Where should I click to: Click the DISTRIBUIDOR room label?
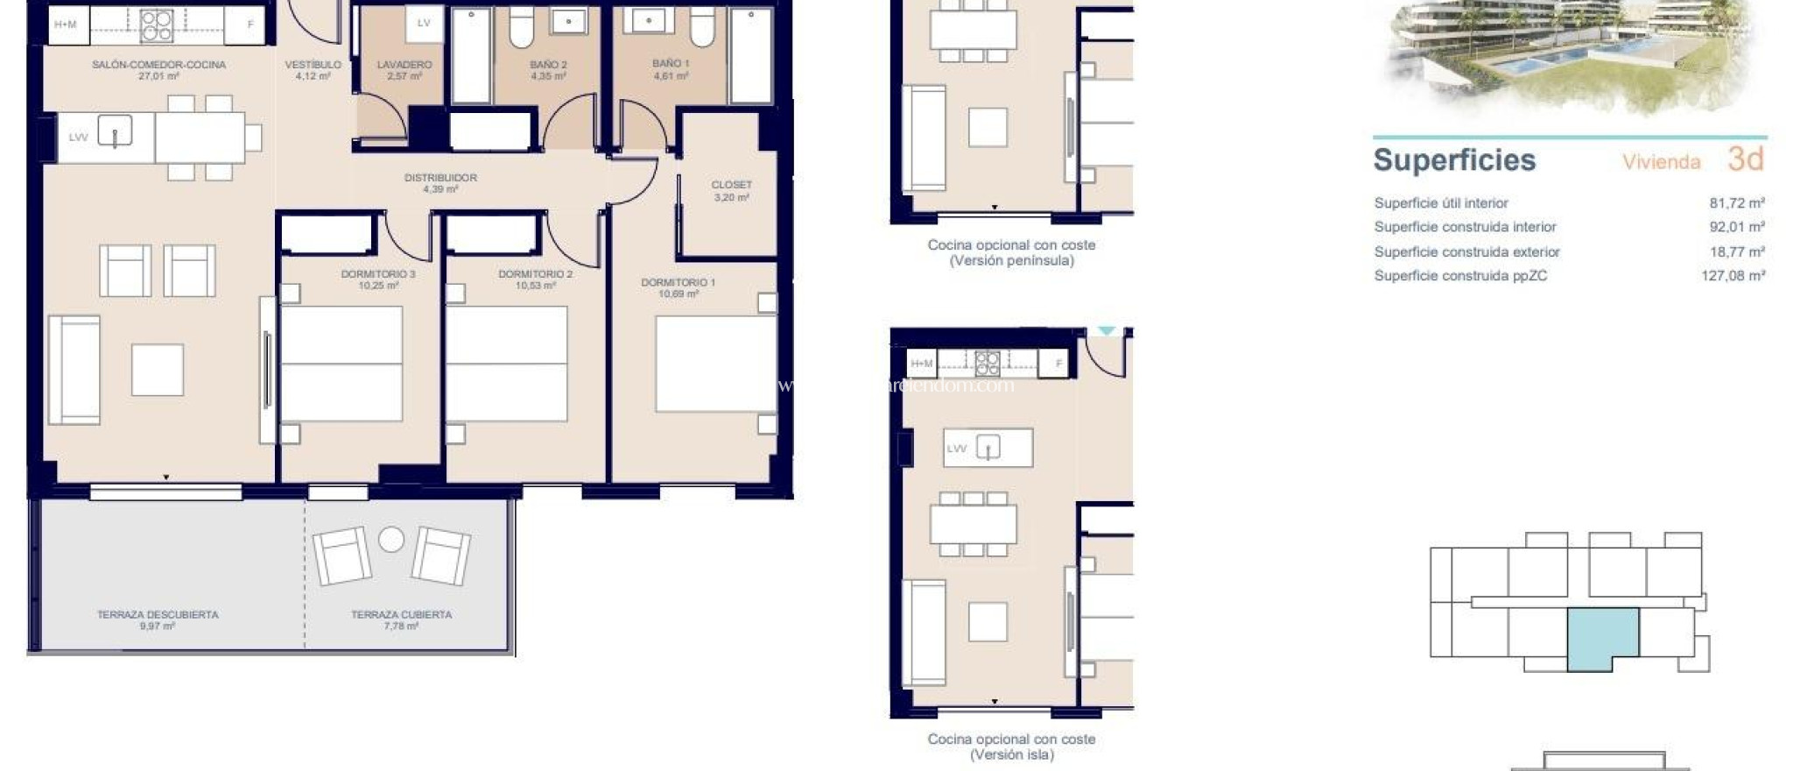[x=440, y=177]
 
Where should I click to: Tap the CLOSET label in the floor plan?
[x=731, y=185]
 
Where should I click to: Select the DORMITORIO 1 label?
[x=678, y=282]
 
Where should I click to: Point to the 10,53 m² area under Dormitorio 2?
[x=535, y=286]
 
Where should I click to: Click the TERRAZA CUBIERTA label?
[x=401, y=614]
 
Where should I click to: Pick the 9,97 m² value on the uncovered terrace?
[x=157, y=626]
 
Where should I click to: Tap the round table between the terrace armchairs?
[x=391, y=540]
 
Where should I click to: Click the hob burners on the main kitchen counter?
[x=157, y=25]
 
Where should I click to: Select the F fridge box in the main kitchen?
[x=250, y=25]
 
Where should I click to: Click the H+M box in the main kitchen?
[x=66, y=25]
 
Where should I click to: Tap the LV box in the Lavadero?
[x=424, y=24]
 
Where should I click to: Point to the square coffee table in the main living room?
[x=158, y=370]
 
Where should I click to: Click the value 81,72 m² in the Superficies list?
[x=1736, y=203]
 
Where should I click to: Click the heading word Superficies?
[x=1454, y=160]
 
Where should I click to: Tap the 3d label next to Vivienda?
[x=1745, y=159]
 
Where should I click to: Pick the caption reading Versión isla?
[x=1011, y=754]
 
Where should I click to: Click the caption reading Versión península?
[x=1011, y=260]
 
